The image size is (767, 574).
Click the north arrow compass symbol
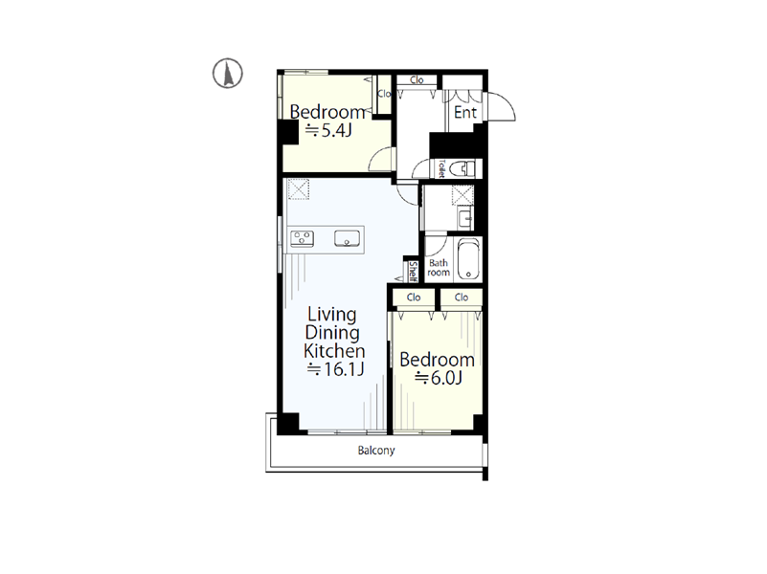pyautogui.click(x=228, y=74)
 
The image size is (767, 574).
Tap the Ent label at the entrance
pyautogui.click(x=465, y=112)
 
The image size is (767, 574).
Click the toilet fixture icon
pyautogui.click(x=462, y=169)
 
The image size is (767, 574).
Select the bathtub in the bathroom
pyautogui.click(x=468, y=259)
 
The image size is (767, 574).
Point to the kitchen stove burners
pyautogui.click(x=302, y=239)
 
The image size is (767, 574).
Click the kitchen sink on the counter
pyautogui.click(x=347, y=239)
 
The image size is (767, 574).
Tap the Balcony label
pyautogui.click(x=376, y=451)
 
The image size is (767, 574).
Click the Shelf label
pyautogui.click(x=413, y=272)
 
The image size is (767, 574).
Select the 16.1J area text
pyautogui.click(x=335, y=369)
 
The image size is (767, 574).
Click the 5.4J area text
pyautogui.click(x=328, y=130)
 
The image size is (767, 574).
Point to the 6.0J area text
pyautogui.click(x=439, y=378)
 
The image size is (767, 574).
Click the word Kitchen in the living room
pyautogui.click(x=334, y=351)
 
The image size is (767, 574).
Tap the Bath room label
pyautogui.click(x=439, y=268)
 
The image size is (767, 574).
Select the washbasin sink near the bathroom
pyautogui.click(x=465, y=218)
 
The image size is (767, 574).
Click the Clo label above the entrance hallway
pyautogui.click(x=417, y=80)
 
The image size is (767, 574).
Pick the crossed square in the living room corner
pyautogui.click(x=299, y=189)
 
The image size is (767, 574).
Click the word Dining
pyautogui.click(x=332, y=333)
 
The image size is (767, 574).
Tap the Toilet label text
pyautogui.click(x=441, y=169)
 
